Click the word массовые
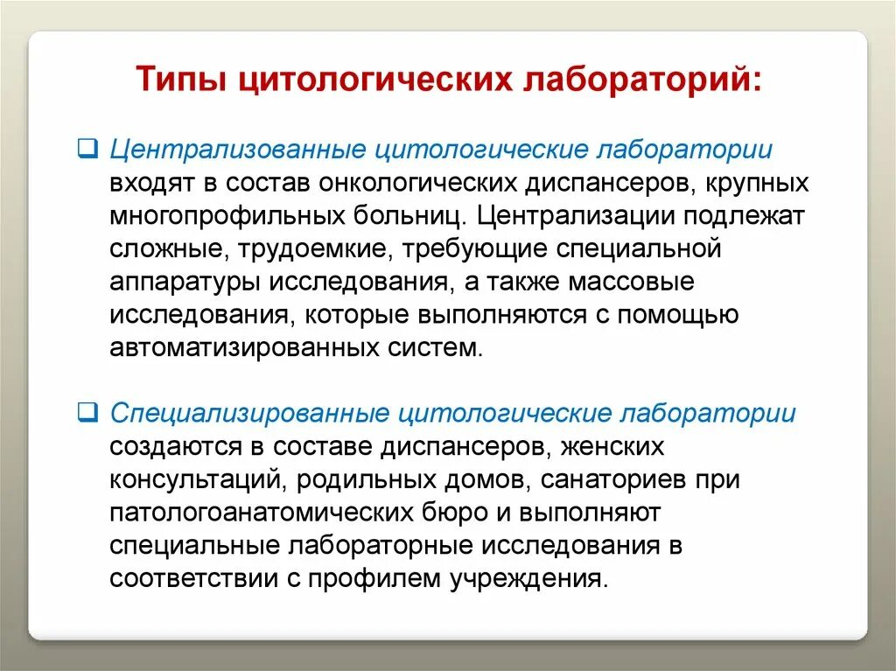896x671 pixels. point(632,283)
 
